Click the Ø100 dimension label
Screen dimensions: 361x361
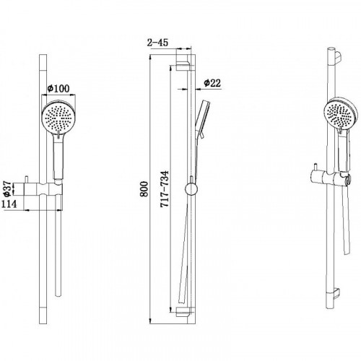pyautogui.click(x=58, y=89)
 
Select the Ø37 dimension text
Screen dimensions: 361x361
pyautogui.click(x=8, y=188)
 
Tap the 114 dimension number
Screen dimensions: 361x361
pyautogui.click(x=9, y=204)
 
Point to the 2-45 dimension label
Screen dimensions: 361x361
pyautogui.click(x=157, y=43)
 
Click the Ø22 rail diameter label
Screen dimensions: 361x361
pyautogui.click(x=212, y=83)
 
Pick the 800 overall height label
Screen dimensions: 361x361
pyautogui.click(x=144, y=189)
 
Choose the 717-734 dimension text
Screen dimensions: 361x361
pyautogui.click(x=165, y=189)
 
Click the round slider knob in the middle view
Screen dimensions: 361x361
pyautogui.click(x=191, y=189)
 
